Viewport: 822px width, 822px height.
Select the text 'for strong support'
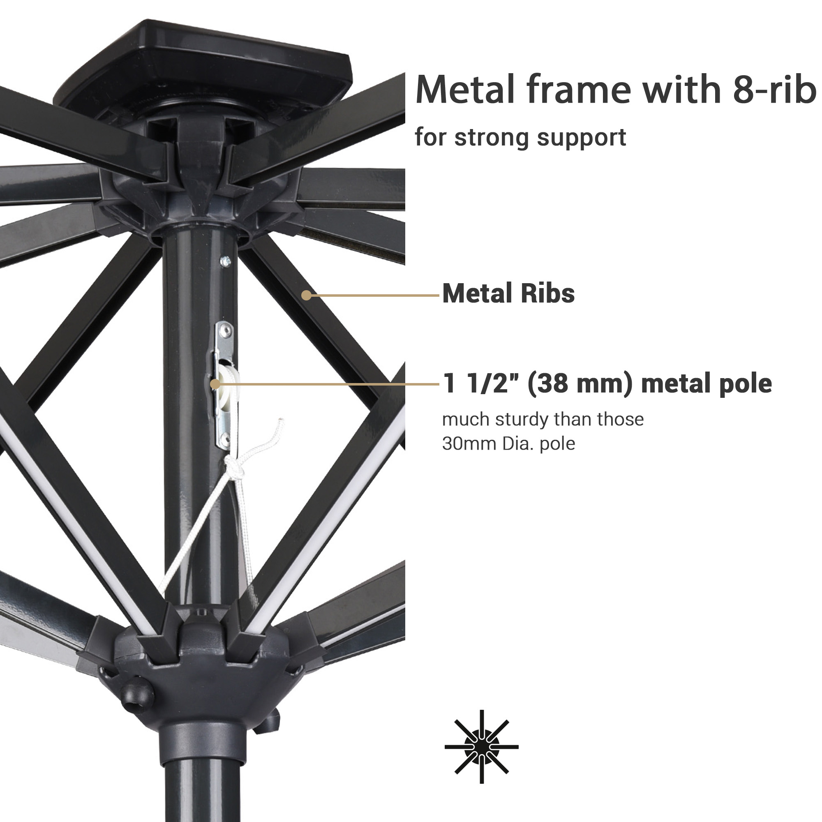tap(520, 137)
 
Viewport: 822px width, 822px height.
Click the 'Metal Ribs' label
tap(508, 293)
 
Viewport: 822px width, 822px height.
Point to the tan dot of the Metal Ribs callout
tap(306, 295)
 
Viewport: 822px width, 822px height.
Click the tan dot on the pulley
tap(215, 384)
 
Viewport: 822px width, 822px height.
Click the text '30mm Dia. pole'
tap(508, 443)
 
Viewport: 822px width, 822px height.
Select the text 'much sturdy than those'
tap(543, 420)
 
